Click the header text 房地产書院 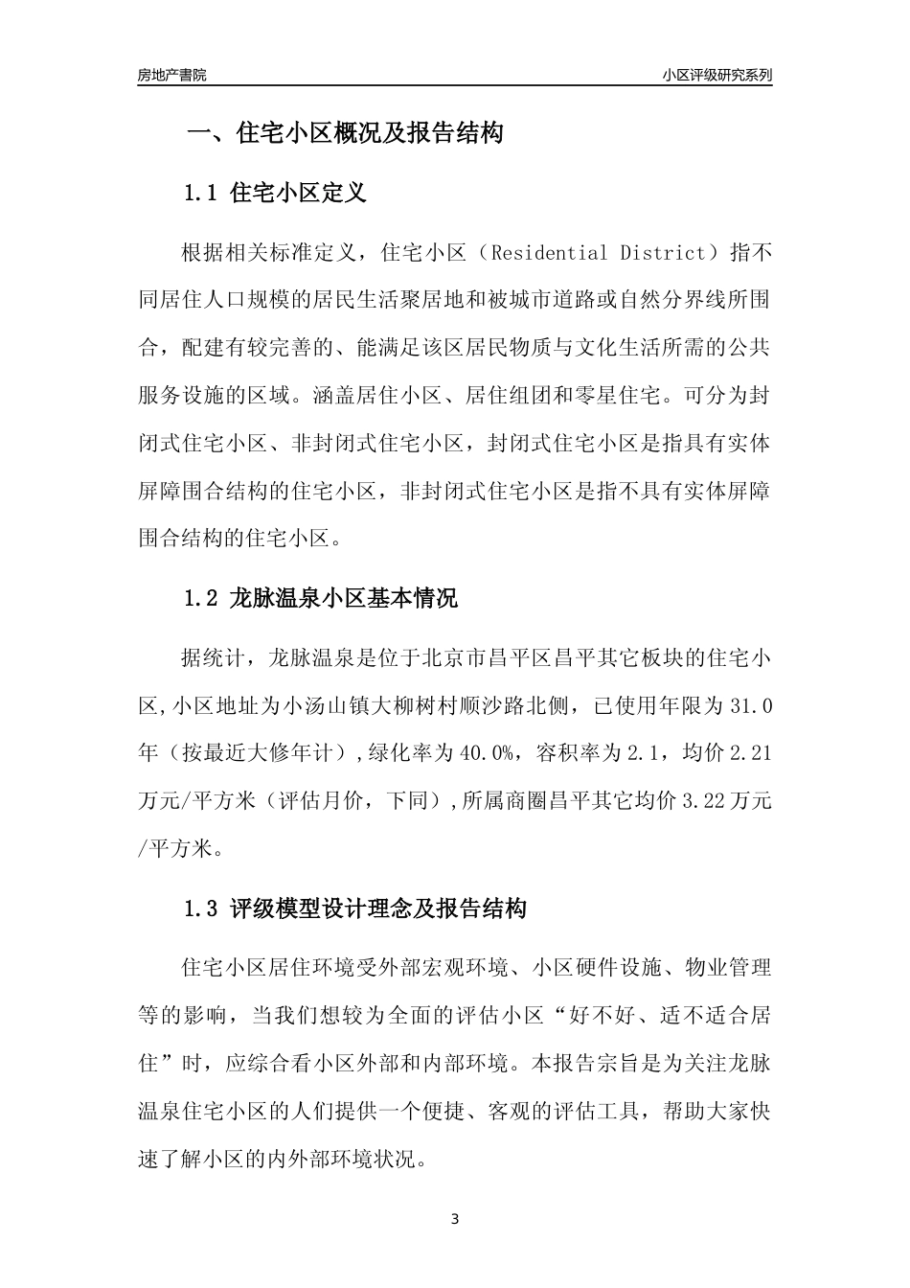[171, 75]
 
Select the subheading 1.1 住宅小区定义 [275, 193]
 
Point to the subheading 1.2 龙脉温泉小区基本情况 [320, 599]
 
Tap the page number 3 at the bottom [455, 1219]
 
